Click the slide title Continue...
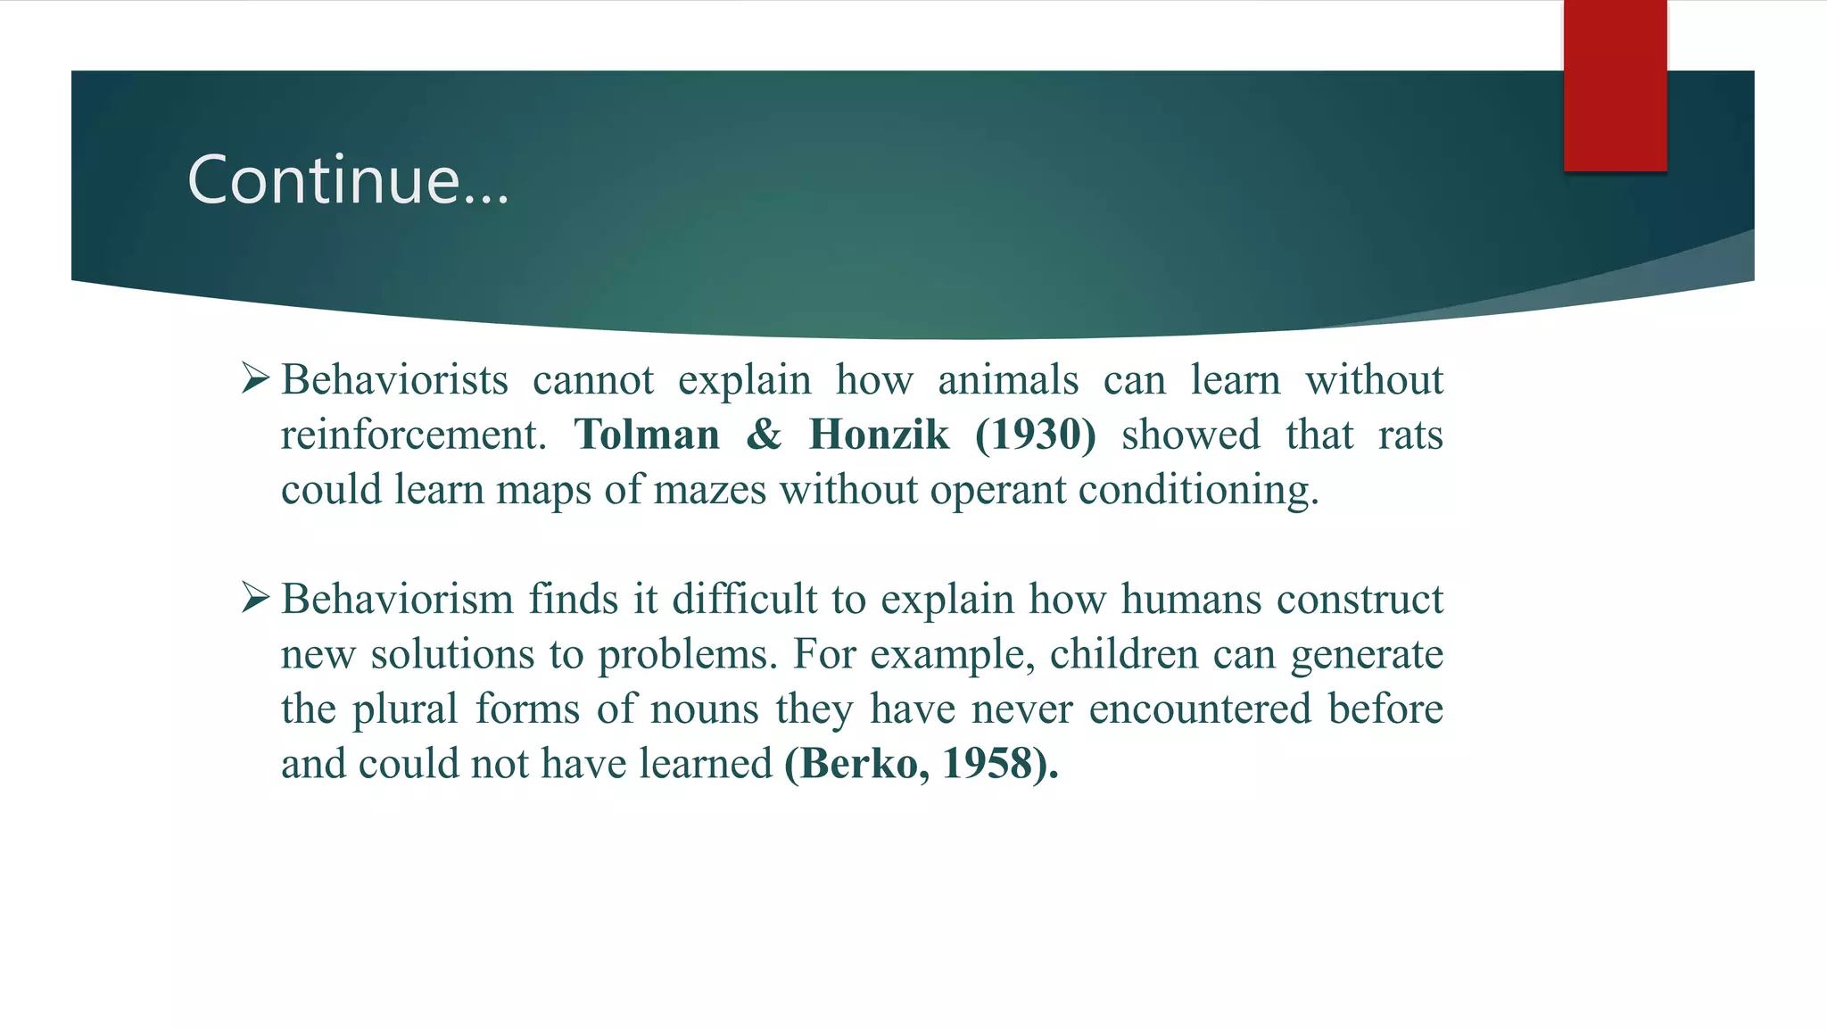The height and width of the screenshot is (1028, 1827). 348,180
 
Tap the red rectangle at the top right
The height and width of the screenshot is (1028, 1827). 1615,86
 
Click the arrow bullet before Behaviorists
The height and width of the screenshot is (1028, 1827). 255,379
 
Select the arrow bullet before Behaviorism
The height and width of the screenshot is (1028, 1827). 255,598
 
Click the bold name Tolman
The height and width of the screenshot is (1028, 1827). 647,435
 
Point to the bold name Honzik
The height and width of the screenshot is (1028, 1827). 879,435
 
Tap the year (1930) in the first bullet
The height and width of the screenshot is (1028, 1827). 1035,435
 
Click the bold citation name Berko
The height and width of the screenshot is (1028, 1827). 856,764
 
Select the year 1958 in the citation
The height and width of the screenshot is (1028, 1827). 987,764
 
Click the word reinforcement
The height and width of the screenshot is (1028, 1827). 413,435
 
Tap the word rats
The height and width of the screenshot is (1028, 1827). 1410,435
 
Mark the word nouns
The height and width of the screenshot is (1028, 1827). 705,710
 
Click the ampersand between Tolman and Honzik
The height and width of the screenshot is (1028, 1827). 764,435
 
